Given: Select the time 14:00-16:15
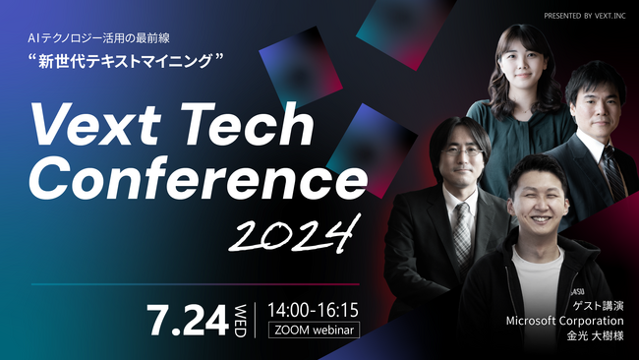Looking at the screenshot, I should point(313,308).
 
